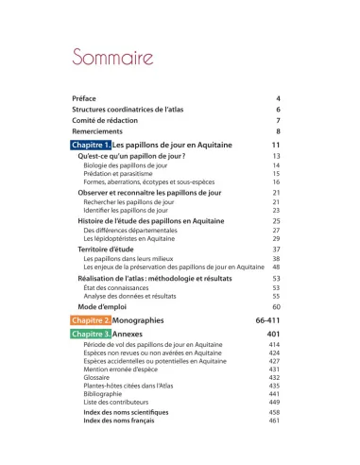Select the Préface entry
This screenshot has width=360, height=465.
click(x=84, y=98)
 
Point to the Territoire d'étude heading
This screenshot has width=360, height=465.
click(x=108, y=249)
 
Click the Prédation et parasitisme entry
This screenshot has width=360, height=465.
click(x=117, y=174)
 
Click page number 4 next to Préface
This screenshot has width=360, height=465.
click(x=279, y=98)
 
